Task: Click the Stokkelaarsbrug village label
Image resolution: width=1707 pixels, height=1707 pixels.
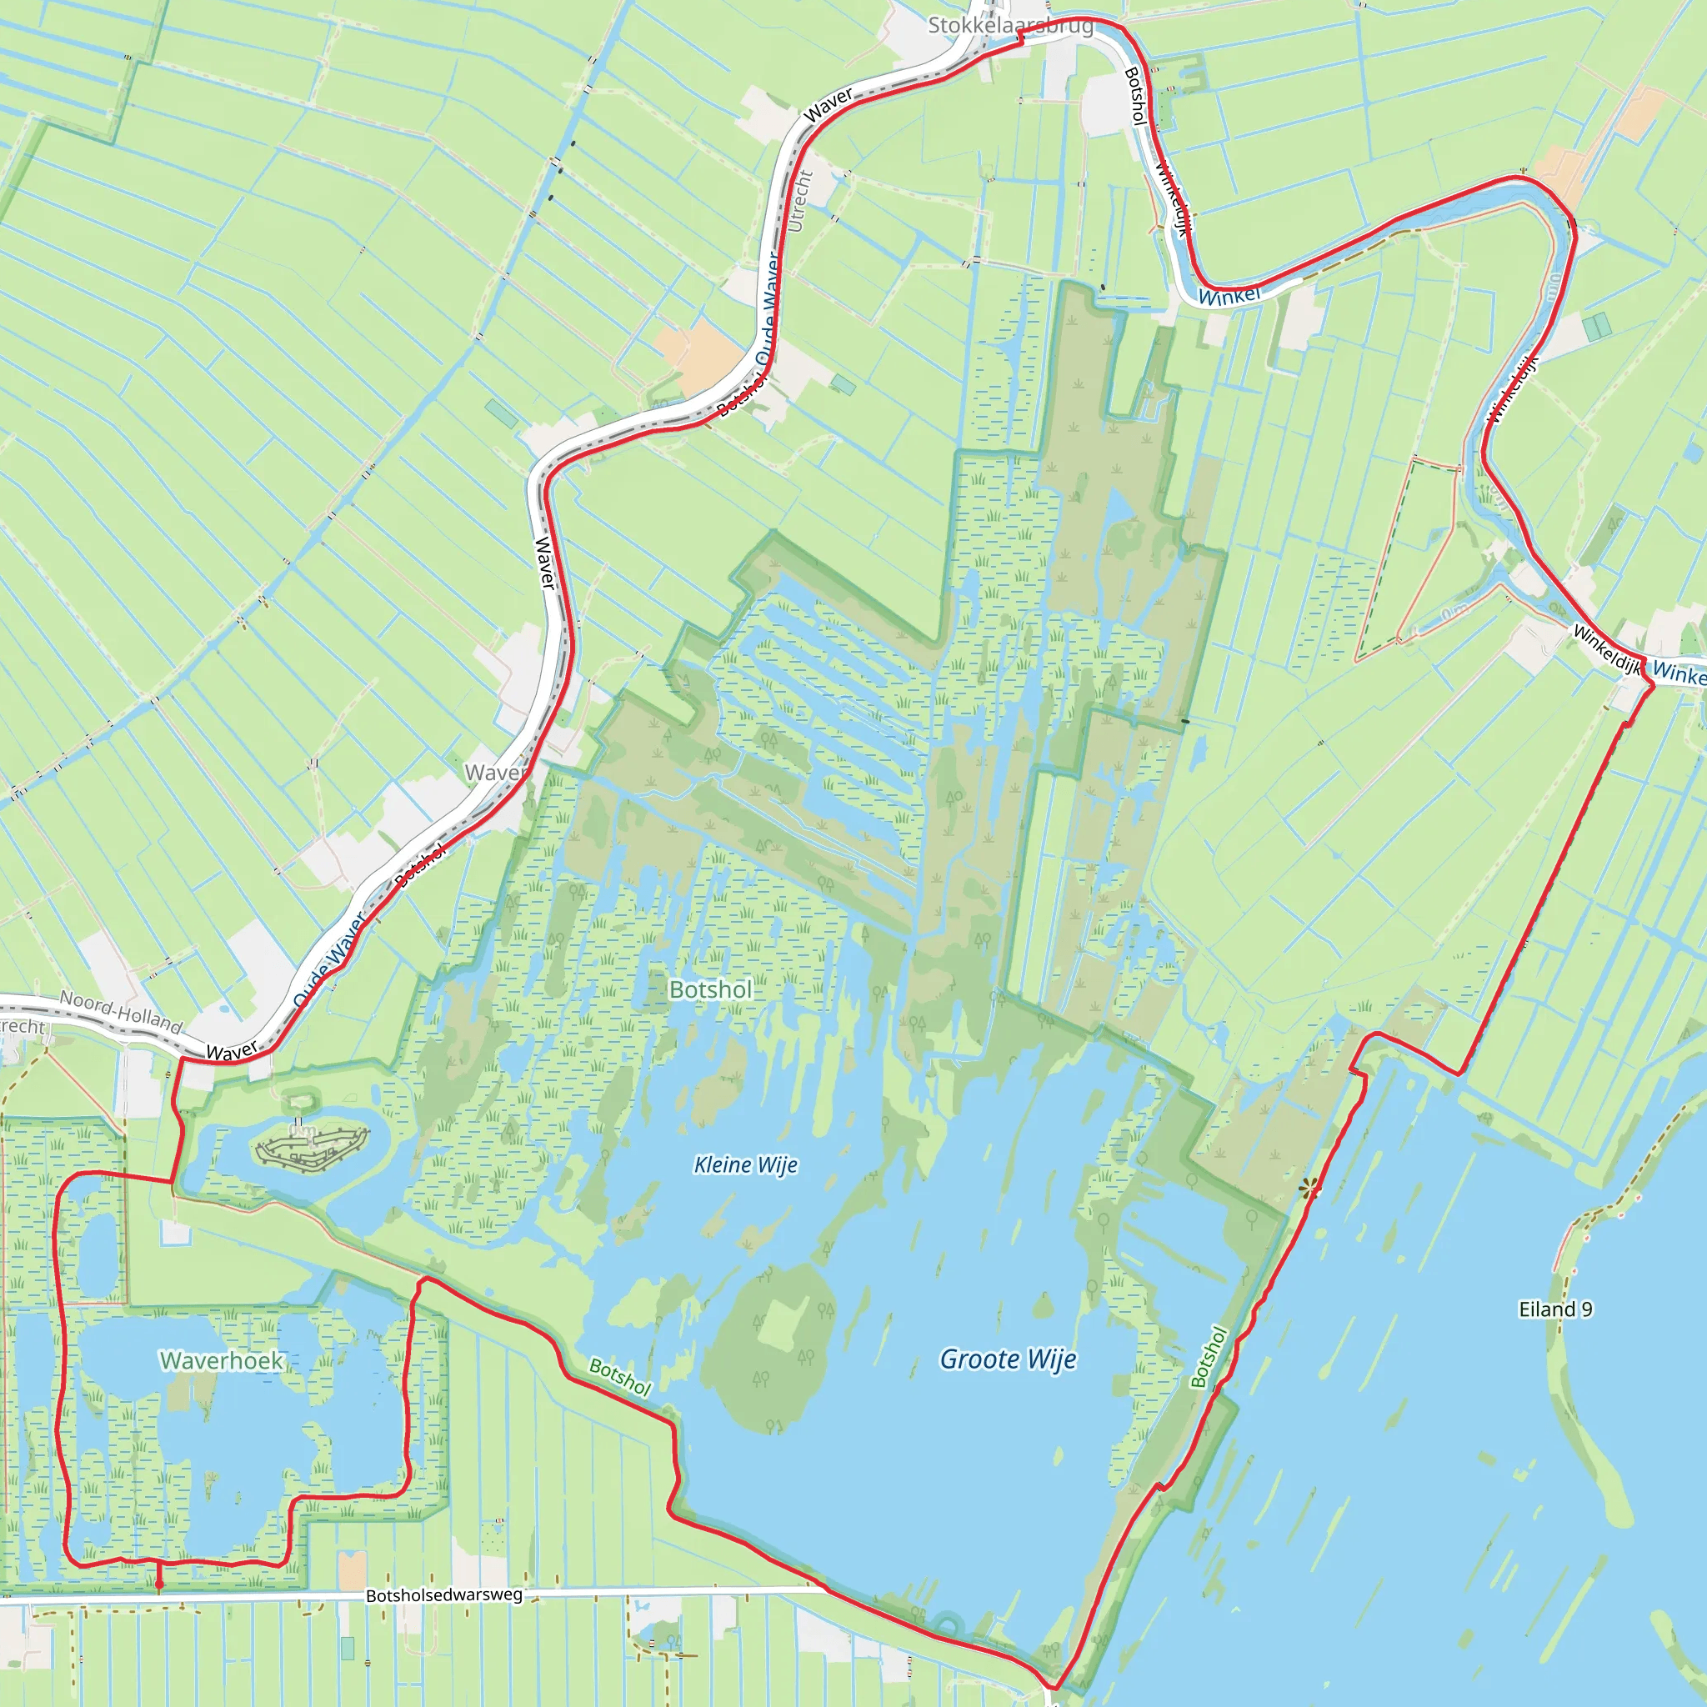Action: (x=1010, y=26)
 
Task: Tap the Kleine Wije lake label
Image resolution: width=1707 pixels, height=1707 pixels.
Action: (x=746, y=1164)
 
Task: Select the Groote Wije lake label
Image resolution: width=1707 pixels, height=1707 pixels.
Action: (x=1009, y=1358)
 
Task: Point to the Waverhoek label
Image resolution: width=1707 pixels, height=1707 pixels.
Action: (x=221, y=1359)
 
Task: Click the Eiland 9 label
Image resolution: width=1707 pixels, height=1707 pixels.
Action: (x=1555, y=1309)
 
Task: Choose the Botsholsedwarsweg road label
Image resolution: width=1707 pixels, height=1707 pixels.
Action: (x=443, y=1594)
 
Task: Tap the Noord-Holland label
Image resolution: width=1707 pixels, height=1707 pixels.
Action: (x=120, y=1012)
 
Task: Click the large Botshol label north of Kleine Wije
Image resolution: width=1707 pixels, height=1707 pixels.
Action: (x=710, y=989)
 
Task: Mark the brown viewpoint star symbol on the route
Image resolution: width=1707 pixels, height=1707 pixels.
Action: (x=1309, y=1189)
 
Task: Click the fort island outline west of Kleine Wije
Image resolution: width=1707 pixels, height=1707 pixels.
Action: (x=311, y=1148)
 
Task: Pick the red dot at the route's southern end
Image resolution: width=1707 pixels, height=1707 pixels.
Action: (x=159, y=1584)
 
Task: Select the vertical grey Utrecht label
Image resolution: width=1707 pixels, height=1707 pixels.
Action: (x=797, y=202)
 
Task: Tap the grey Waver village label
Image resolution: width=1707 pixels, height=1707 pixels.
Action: (x=496, y=772)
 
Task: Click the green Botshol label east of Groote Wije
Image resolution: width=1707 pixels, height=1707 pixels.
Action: (x=1209, y=1357)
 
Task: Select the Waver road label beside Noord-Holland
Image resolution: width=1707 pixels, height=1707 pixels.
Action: (x=232, y=1050)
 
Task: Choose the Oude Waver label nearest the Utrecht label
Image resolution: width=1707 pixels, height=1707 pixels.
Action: (x=767, y=305)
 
